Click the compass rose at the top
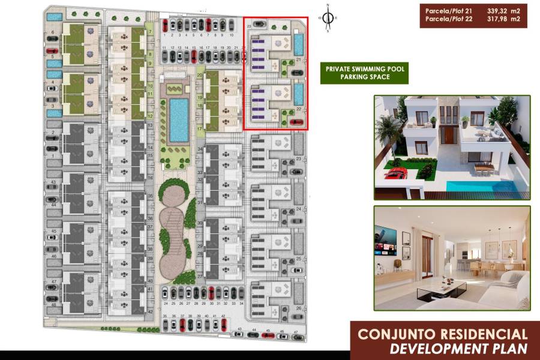(x=328, y=18)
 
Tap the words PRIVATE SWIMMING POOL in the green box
(x=365, y=69)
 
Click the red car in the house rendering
(x=395, y=175)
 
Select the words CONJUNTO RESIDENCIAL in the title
(x=443, y=335)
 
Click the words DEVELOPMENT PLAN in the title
(x=458, y=348)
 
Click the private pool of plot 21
(x=299, y=44)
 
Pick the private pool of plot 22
(x=299, y=94)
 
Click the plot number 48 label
(x=53, y=305)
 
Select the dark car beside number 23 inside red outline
(x=259, y=24)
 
